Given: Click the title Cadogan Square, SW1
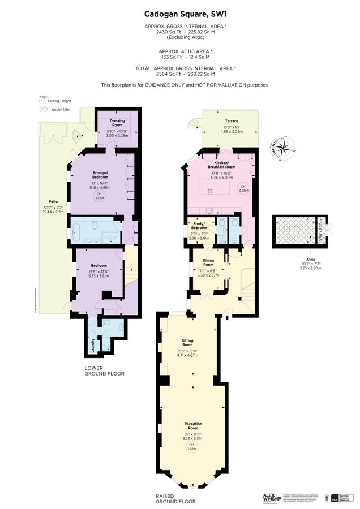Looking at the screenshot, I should pyautogui.click(x=179, y=12).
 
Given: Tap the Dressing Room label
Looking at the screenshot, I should pyautogui.click(x=117, y=122).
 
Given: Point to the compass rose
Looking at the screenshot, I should pyautogui.click(x=282, y=149).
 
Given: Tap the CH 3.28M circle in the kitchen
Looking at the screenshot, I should pyautogui.click(x=243, y=188).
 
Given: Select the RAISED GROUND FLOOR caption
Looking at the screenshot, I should pyautogui.click(x=175, y=498).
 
